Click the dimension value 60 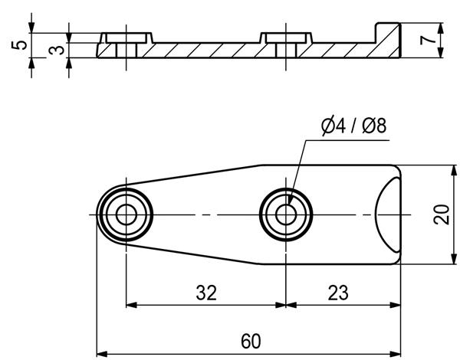coord(251,342)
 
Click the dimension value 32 coord(206,293)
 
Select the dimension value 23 coord(338,293)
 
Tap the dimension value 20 coord(442,214)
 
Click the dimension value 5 coord(19,45)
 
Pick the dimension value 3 coord(56,50)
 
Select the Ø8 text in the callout coord(374,126)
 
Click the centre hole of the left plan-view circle coord(127,215)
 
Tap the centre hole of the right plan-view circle coord(286,215)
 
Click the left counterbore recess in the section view coord(127,38)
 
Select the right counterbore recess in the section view coord(286,38)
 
